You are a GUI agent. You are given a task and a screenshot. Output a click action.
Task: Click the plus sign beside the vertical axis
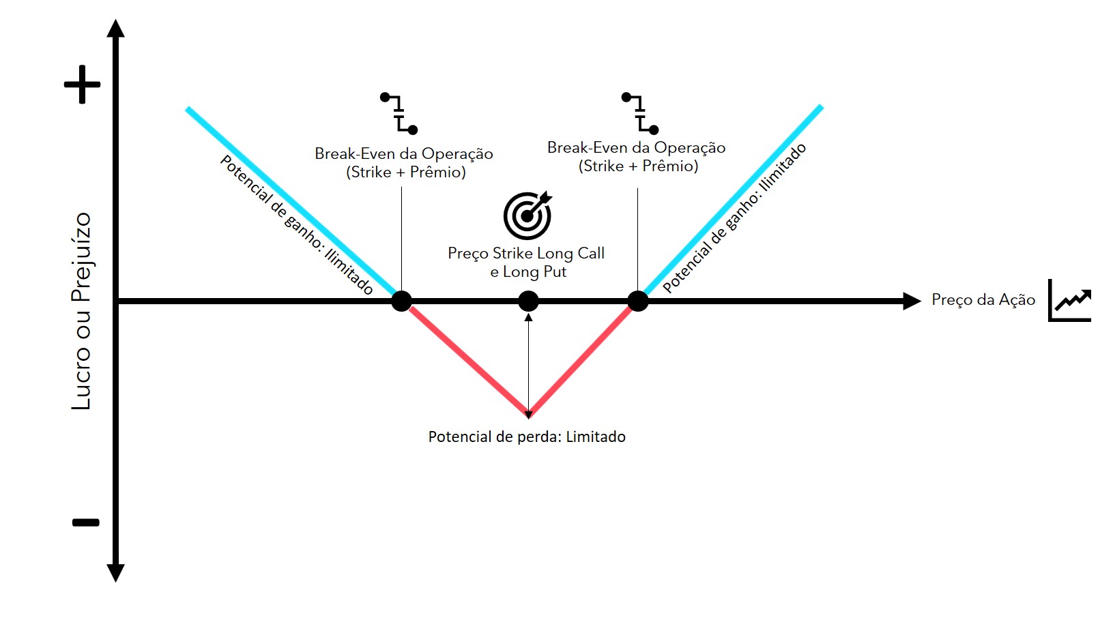pyautogui.click(x=82, y=85)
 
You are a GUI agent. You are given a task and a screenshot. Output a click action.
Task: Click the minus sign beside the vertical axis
pyautogui.click(x=86, y=522)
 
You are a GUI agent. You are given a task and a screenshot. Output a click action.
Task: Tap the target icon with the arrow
pyautogui.click(x=527, y=215)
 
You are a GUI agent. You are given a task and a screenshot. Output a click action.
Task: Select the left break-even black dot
pyautogui.click(x=401, y=301)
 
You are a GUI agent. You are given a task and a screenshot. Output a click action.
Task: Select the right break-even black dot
pyautogui.click(x=637, y=301)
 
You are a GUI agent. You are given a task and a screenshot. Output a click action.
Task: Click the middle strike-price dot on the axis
pyautogui.click(x=528, y=301)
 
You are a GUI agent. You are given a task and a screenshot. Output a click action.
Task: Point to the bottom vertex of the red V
pyautogui.click(x=529, y=413)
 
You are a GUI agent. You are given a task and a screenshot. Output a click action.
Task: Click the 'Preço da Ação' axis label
pyautogui.click(x=983, y=300)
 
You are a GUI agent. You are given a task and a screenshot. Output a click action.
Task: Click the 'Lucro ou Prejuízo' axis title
pyautogui.click(x=82, y=311)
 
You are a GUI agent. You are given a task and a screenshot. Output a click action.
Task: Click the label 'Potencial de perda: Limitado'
pyautogui.click(x=527, y=437)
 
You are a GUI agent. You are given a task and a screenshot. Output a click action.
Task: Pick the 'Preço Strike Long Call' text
pyautogui.click(x=526, y=254)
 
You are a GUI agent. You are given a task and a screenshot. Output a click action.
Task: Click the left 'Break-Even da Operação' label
pyautogui.click(x=404, y=154)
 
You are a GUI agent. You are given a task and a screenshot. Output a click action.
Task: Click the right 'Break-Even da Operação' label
pyautogui.click(x=636, y=148)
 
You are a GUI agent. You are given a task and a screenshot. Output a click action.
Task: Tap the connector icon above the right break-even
pyautogui.click(x=640, y=113)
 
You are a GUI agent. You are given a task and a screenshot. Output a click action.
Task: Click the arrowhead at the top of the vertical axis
pyautogui.click(x=116, y=29)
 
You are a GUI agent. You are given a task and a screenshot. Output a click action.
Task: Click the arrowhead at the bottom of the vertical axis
pyautogui.click(x=116, y=573)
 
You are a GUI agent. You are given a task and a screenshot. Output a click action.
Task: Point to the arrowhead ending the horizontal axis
pyautogui.click(x=912, y=301)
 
